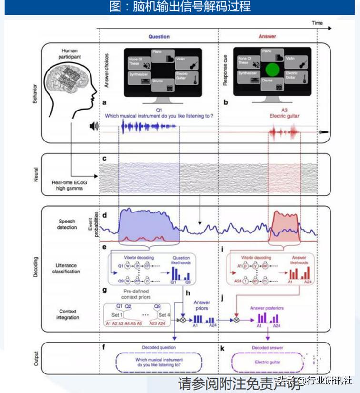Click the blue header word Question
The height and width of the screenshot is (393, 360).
point(159,36)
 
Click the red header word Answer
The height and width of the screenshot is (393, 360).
point(267,36)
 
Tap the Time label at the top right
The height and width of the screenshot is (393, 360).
point(317,23)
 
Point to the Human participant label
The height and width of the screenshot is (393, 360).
point(69,54)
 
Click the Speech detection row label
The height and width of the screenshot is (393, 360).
point(67,224)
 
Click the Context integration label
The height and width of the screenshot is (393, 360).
point(67,314)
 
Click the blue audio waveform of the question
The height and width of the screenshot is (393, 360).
point(149,127)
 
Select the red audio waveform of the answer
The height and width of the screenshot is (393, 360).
point(284,131)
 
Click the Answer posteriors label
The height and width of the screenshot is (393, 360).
point(267,308)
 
